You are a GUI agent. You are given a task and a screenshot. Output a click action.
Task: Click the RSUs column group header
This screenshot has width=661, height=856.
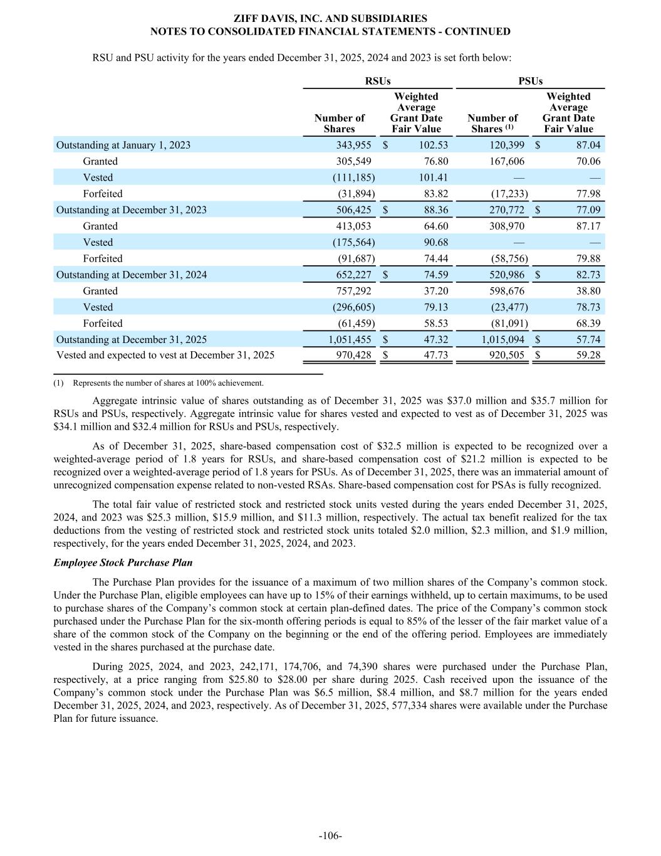[x=377, y=81]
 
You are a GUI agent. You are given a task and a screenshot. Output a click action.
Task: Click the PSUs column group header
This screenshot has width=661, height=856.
[x=530, y=81]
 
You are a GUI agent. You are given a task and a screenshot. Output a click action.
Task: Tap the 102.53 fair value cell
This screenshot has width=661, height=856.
[x=433, y=145]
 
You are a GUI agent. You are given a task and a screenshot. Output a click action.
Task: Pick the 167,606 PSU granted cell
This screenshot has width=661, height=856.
[x=504, y=161]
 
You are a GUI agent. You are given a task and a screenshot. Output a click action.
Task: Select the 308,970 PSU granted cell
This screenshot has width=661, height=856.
[x=504, y=226]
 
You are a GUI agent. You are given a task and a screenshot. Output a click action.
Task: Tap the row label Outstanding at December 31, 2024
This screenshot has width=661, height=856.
[x=132, y=275]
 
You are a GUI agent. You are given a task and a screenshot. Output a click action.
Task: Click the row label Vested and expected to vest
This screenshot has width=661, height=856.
[x=165, y=356]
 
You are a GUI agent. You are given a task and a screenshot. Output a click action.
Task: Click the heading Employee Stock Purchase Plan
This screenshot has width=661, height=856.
[x=123, y=563]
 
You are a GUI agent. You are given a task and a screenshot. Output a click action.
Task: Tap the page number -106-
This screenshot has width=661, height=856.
[x=330, y=835]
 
